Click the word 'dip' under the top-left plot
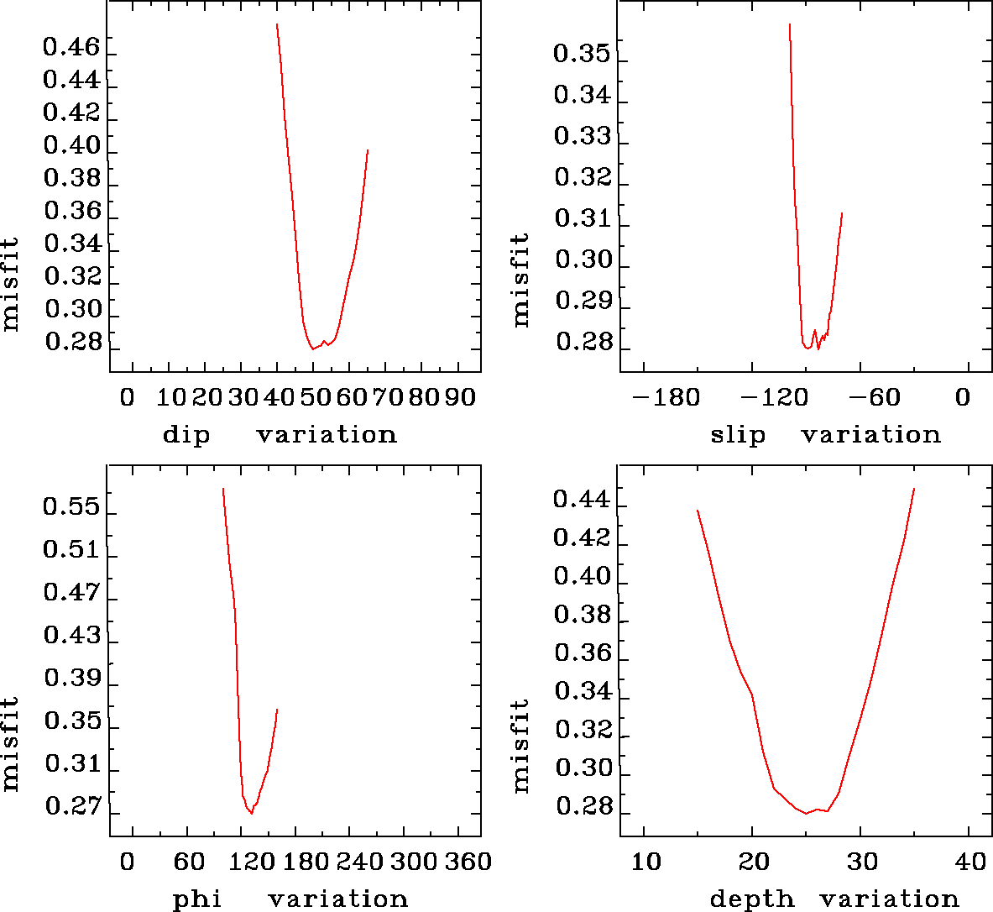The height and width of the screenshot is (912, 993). (186, 435)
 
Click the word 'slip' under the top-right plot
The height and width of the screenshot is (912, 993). (738, 435)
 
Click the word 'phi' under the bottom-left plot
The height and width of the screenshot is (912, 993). (197, 899)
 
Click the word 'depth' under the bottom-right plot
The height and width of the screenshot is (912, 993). (752, 899)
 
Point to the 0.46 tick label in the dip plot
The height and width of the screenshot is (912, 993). (71, 47)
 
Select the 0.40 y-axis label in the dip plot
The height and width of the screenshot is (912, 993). (71, 145)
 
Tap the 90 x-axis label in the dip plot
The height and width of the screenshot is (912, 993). (460, 396)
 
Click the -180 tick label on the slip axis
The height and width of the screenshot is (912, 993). (666, 396)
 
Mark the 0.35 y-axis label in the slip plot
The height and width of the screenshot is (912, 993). (582, 54)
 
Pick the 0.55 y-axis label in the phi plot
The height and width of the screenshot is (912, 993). (71, 507)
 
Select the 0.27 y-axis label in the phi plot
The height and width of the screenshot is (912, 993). (72, 807)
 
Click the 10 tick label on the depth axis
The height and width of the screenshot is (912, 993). (645, 861)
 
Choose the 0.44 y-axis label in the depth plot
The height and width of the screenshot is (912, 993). (581, 500)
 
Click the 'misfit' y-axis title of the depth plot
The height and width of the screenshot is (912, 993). (521, 746)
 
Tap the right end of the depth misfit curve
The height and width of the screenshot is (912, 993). (913, 488)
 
